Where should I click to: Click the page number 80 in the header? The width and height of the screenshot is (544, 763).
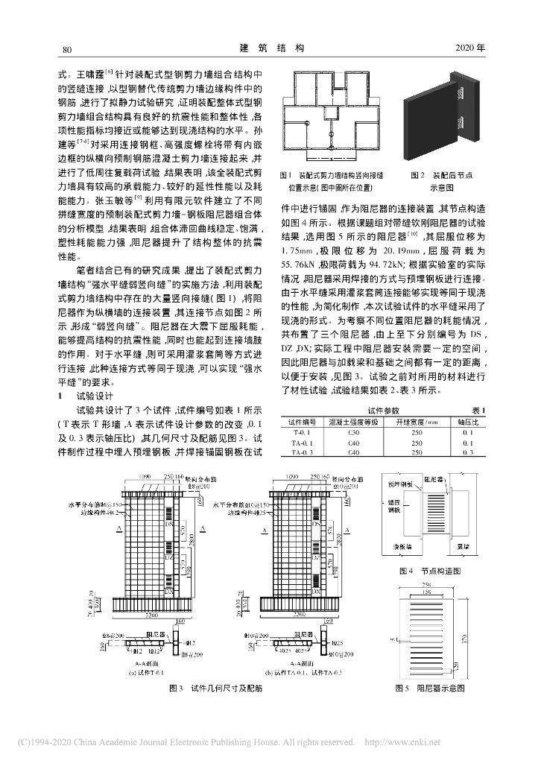65,49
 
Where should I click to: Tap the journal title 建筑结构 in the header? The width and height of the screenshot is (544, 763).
271,48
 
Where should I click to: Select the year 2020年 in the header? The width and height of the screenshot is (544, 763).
469,49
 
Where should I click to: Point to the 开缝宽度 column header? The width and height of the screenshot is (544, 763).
416,422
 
